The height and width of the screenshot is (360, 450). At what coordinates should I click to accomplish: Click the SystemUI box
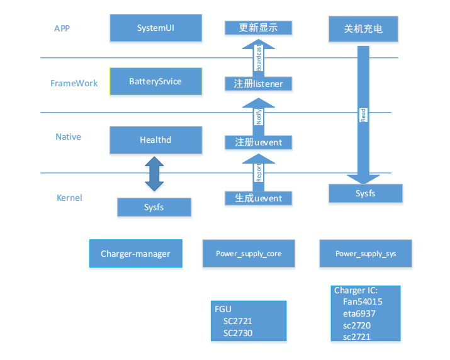(155, 28)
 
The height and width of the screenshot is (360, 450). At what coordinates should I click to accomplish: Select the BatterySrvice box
(155, 82)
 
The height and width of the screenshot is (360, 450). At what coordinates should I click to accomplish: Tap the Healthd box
(155, 140)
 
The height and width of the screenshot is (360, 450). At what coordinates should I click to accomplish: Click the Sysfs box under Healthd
(154, 207)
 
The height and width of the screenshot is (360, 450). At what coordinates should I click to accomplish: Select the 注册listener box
(258, 84)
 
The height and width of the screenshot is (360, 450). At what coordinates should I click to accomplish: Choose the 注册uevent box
(258, 143)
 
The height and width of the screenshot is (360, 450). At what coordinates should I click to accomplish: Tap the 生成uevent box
(258, 198)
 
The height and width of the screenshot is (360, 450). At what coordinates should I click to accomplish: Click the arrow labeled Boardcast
(258, 57)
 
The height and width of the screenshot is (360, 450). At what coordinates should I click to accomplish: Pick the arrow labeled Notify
(258, 115)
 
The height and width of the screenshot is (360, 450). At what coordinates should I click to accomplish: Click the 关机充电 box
(363, 29)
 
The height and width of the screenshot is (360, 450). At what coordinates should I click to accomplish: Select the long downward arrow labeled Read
(363, 113)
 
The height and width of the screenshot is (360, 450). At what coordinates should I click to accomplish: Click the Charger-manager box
(135, 254)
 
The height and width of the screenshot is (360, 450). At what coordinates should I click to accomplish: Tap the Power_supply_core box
(249, 254)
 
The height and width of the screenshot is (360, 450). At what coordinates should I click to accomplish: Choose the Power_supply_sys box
(366, 254)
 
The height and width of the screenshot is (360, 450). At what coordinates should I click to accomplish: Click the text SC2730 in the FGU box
(237, 333)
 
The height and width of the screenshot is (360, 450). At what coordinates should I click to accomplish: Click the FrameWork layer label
(74, 83)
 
